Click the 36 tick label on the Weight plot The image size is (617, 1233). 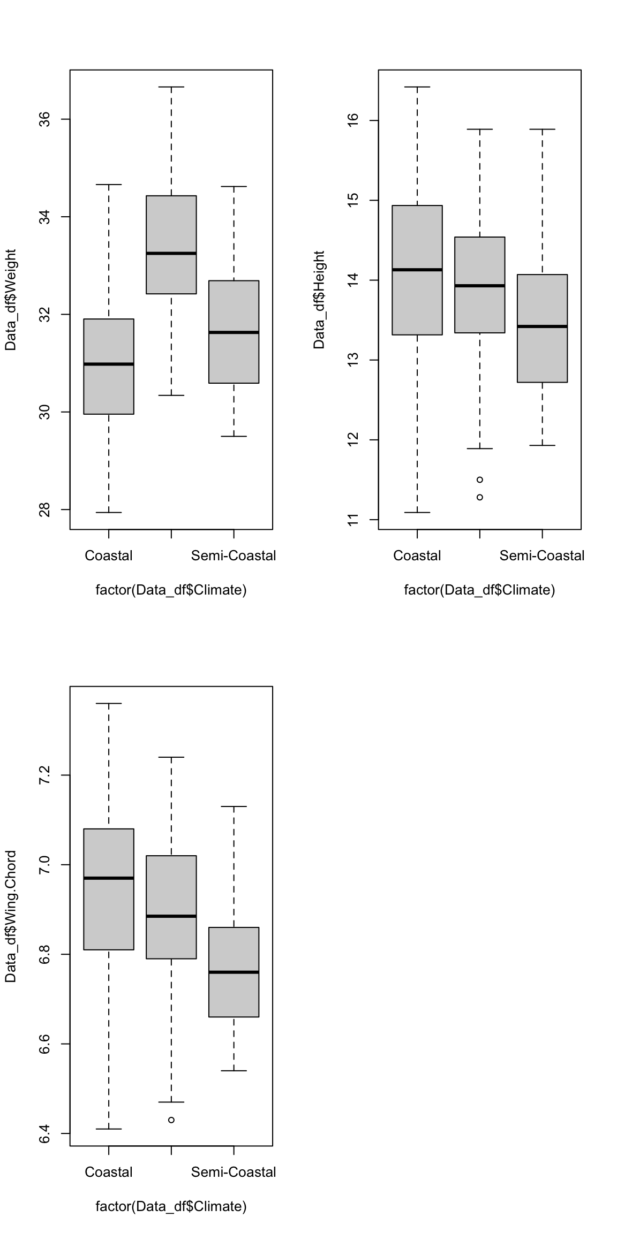click(x=46, y=119)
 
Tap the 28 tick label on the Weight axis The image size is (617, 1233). click(x=46, y=509)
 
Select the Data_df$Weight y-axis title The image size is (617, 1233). click(x=11, y=300)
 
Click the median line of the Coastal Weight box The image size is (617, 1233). click(x=109, y=364)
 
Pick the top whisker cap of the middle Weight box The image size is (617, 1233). click(x=171, y=87)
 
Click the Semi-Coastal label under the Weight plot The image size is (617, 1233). click(x=234, y=556)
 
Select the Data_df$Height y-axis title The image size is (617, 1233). click(x=319, y=300)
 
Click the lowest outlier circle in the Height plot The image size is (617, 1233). click(x=480, y=497)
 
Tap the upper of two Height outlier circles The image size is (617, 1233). click(x=480, y=479)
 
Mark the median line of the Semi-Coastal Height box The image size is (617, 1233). click(x=542, y=326)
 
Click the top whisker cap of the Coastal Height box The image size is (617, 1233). click(x=417, y=87)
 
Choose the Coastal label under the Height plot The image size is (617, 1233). click(x=417, y=556)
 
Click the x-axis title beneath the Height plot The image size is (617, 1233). click(x=479, y=590)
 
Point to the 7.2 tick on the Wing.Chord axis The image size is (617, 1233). click(x=46, y=775)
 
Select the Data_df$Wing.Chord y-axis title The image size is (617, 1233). click(x=11, y=916)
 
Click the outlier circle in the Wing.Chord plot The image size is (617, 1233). click(x=171, y=1120)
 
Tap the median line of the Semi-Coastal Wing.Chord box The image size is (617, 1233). click(x=234, y=972)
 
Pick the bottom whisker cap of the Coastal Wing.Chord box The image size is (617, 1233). click(x=109, y=1129)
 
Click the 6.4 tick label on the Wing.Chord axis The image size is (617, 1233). click(x=46, y=1133)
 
